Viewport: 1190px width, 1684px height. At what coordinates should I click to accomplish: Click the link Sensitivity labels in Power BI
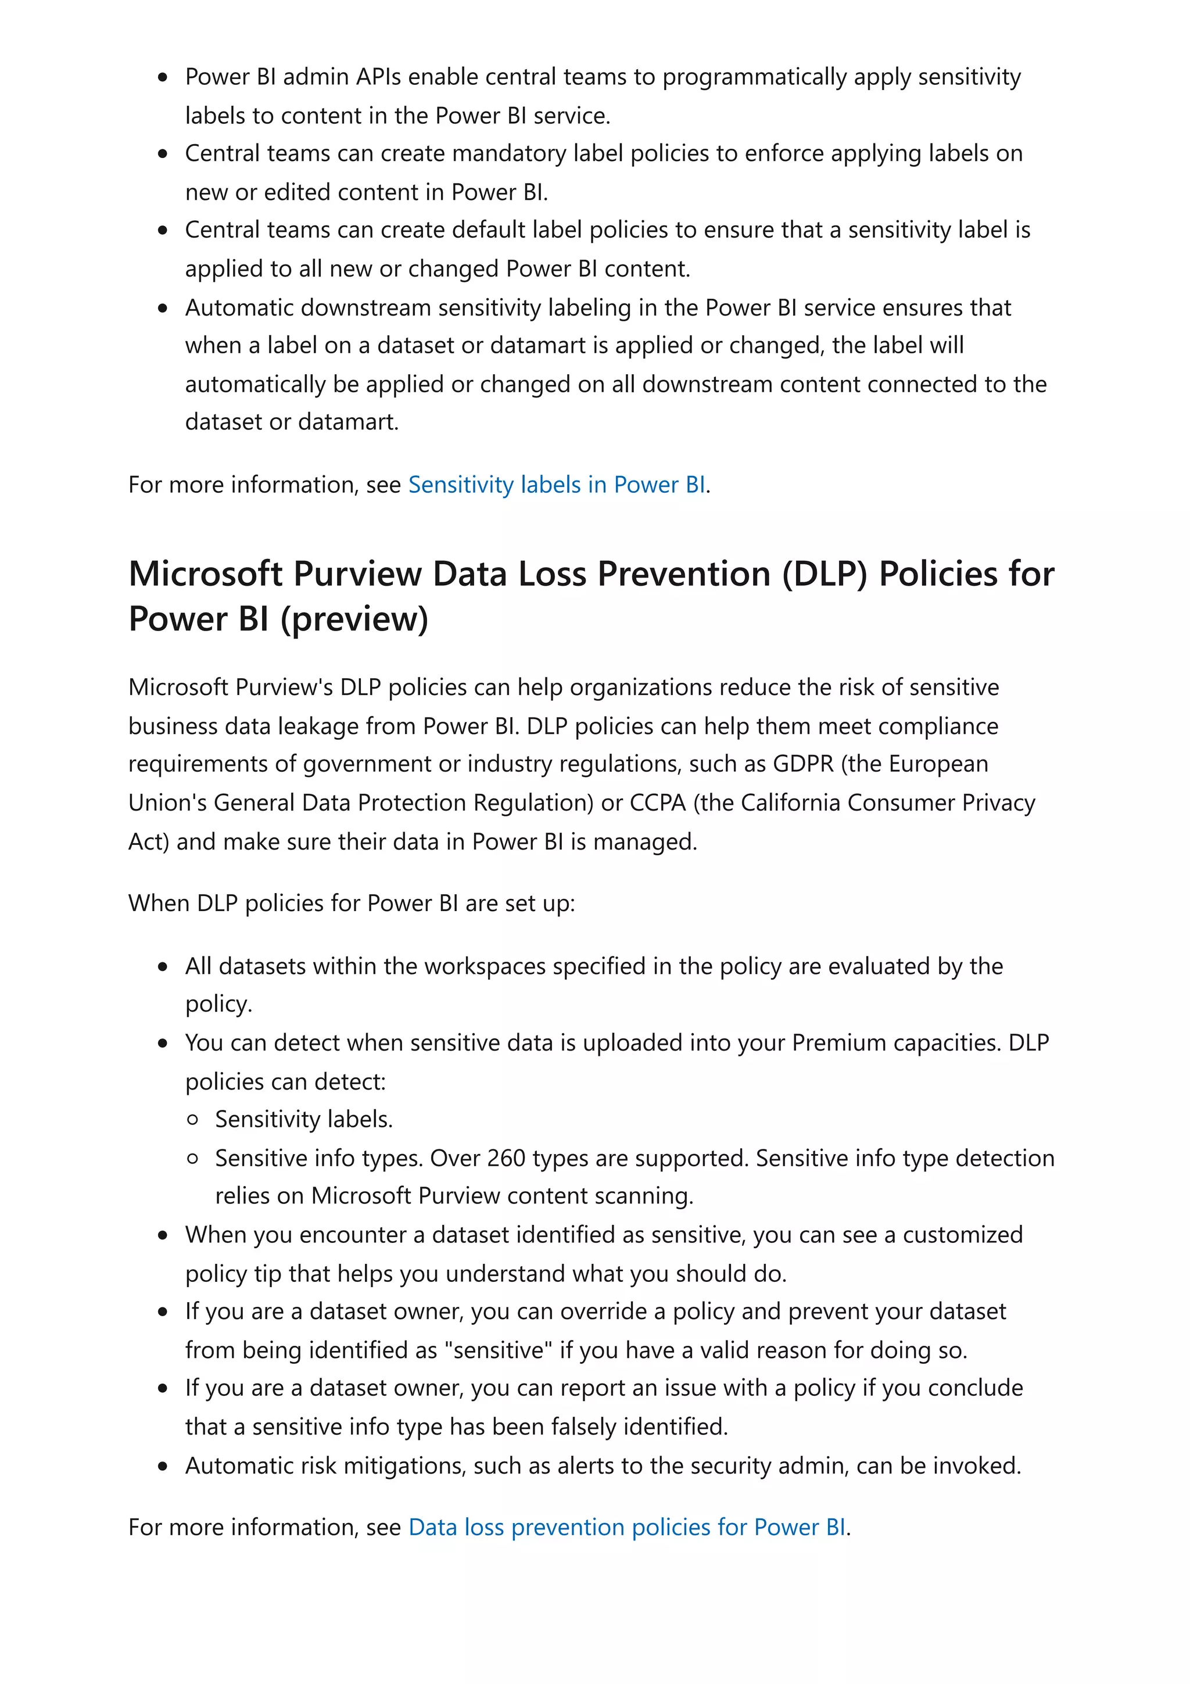[x=557, y=485]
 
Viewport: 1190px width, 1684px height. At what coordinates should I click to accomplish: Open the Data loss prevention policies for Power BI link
[x=627, y=1527]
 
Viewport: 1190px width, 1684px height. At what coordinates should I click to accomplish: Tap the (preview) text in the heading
[x=355, y=620]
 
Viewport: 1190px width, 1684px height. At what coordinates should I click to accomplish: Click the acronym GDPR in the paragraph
[x=803, y=764]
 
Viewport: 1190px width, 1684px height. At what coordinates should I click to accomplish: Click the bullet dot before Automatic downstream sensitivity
[x=163, y=309]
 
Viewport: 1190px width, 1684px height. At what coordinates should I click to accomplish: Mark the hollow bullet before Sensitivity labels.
[x=193, y=1120]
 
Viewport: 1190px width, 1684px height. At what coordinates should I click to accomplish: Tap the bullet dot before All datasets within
[x=163, y=968]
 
